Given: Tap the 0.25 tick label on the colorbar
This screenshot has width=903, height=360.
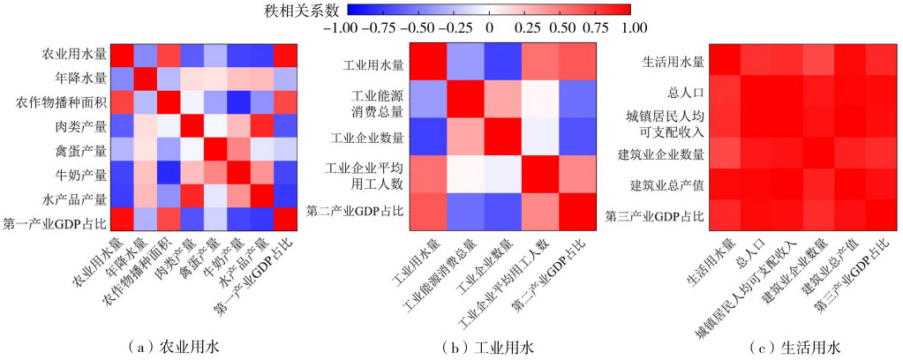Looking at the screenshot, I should click(x=527, y=27).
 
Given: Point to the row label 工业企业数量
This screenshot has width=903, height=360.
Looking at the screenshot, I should click(x=367, y=138).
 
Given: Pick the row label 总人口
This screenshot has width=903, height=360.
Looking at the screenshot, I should click(x=686, y=92).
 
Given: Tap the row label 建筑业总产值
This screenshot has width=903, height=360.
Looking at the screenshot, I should click(x=667, y=184).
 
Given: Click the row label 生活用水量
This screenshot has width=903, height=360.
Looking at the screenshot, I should click(x=673, y=62).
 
